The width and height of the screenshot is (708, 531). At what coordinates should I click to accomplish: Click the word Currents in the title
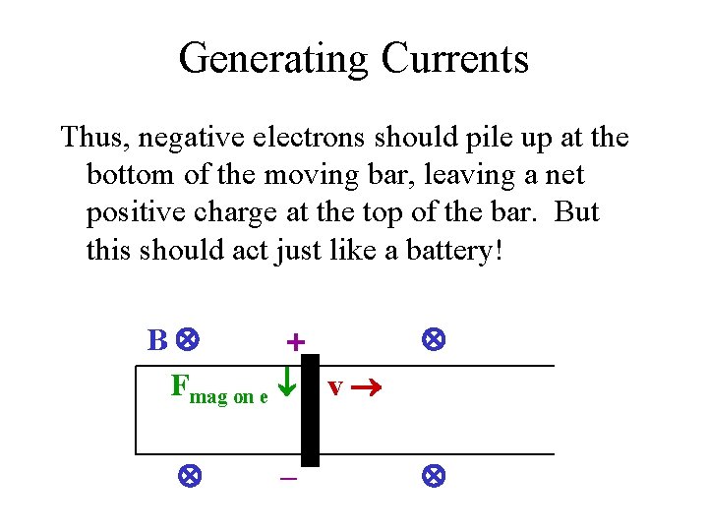point(454,59)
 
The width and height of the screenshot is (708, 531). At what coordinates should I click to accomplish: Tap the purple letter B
point(157,341)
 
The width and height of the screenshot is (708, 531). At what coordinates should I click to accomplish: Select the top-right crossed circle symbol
point(433,340)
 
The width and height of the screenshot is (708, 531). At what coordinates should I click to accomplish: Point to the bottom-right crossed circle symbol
point(433,477)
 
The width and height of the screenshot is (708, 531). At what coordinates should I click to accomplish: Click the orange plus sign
point(295,342)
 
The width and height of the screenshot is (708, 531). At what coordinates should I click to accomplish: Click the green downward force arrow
point(285,383)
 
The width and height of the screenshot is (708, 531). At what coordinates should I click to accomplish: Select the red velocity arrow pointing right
point(366,387)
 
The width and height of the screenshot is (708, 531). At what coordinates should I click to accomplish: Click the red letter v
point(335,387)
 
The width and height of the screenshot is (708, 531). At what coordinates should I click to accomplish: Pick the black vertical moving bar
point(310,409)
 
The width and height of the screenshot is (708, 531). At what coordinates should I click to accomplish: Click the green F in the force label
point(180,384)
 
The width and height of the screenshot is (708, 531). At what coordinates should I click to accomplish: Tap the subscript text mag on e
point(228,396)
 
